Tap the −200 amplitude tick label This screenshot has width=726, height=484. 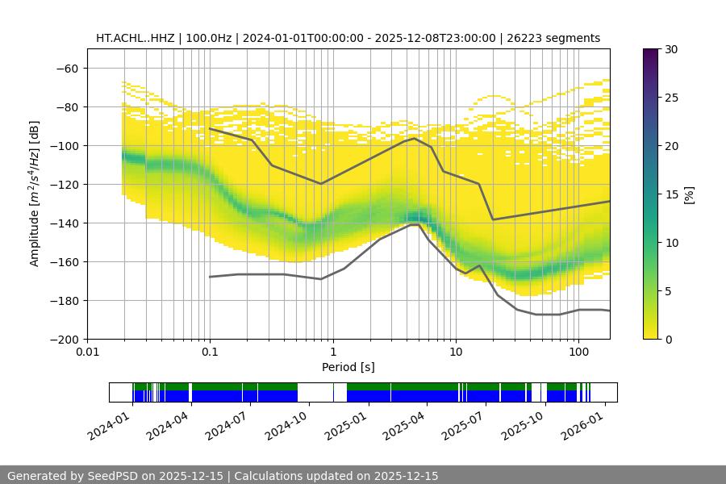click(65, 340)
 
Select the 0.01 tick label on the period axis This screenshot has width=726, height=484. click(87, 353)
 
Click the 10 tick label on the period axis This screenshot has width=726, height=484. click(456, 353)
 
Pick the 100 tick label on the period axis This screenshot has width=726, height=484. click(578, 353)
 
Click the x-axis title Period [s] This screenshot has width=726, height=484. click(348, 367)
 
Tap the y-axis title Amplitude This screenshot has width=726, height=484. click(35, 194)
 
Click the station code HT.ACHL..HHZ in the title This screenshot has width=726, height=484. click(133, 38)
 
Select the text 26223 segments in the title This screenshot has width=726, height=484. click(559, 38)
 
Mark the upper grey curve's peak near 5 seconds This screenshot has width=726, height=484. click(415, 138)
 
